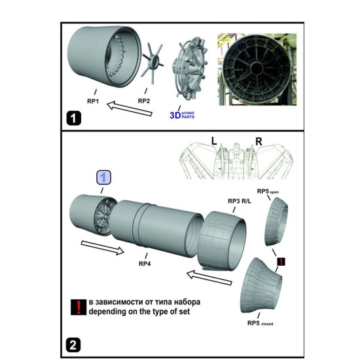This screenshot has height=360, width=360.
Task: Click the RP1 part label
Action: (93, 101)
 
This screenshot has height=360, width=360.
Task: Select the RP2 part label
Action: (144, 101)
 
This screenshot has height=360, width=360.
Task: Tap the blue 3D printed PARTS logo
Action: (182, 115)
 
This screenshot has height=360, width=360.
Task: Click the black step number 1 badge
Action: (74, 118)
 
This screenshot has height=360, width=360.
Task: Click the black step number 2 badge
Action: (73, 345)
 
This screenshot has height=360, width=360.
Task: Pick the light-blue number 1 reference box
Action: (103, 177)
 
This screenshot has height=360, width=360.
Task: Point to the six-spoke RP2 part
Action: (153, 62)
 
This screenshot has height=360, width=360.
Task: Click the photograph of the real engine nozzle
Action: (257, 69)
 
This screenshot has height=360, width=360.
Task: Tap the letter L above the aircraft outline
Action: (214, 141)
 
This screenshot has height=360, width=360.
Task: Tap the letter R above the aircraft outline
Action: (259, 141)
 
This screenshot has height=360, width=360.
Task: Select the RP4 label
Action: (145, 264)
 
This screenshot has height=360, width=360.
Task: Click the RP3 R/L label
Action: (240, 201)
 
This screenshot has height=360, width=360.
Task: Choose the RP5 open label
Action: (268, 191)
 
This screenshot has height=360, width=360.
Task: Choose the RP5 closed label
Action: (260, 323)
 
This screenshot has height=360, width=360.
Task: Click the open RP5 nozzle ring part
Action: (276, 221)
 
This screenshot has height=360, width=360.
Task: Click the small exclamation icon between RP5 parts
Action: (281, 262)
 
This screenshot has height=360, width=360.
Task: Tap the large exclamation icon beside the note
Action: (79, 307)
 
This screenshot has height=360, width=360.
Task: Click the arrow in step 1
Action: (130, 109)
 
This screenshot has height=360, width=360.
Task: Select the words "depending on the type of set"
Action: (139, 312)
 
